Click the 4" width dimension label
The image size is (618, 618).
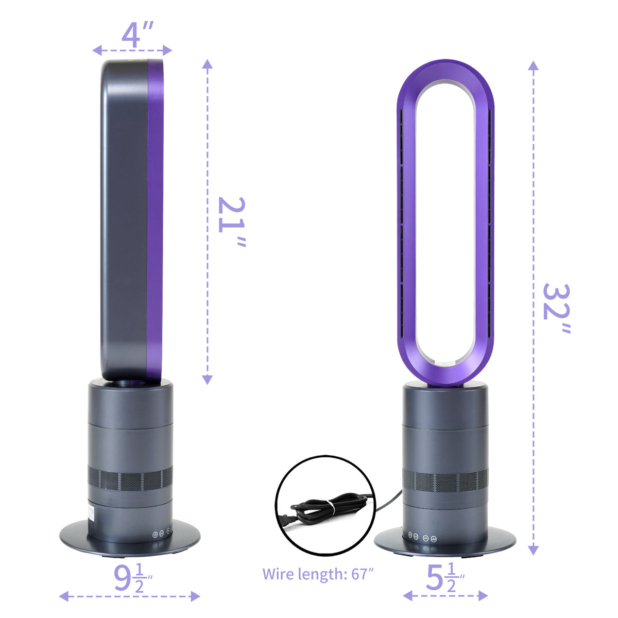(138, 35)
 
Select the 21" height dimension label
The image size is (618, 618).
(231, 221)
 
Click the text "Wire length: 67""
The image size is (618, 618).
(318, 574)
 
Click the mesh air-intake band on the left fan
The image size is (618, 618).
(130, 479)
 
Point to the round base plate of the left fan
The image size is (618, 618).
(129, 538)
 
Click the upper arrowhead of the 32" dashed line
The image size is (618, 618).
(534, 65)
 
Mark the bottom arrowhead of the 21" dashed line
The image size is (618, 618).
(207, 380)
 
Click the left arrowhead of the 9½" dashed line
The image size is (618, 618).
(63, 596)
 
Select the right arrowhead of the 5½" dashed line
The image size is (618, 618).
(483, 596)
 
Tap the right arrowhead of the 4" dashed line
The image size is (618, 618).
(167, 50)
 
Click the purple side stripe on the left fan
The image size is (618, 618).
(155, 216)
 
